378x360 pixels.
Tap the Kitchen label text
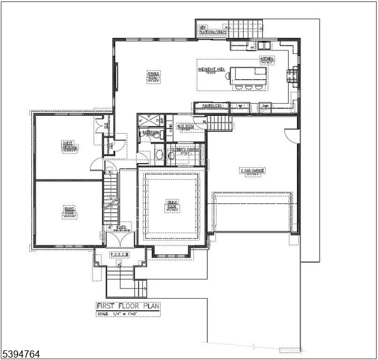[267, 60]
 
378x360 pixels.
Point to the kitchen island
[249, 74]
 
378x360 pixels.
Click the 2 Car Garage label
[253, 171]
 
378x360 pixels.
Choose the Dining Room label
[172, 205]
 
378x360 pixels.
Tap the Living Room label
[69, 211]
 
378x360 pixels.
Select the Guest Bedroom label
[68, 146]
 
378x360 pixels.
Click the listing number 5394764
[21, 355]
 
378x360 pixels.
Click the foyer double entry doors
[118, 239]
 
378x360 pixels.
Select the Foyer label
[121, 228]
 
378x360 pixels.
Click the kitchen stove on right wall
[293, 74]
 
